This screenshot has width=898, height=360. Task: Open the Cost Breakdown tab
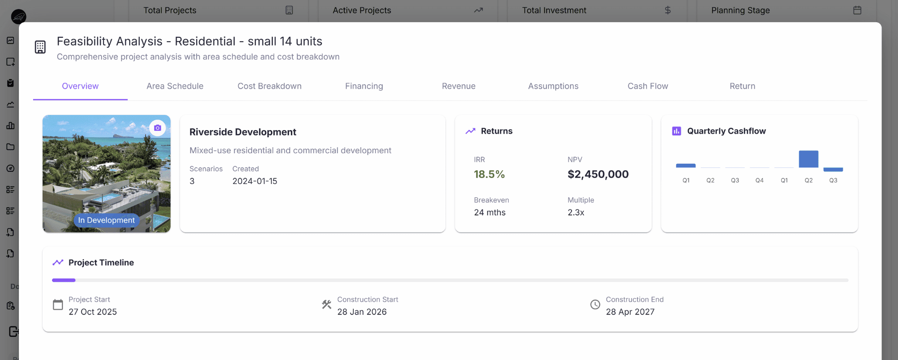click(270, 86)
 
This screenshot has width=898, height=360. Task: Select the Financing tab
click(364, 86)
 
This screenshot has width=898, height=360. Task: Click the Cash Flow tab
click(647, 86)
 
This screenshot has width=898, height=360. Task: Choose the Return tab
click(742, 86)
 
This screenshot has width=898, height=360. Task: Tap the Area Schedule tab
click(175, 86)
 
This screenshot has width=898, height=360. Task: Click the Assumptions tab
click(553, 86)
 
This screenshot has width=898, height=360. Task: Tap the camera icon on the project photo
click(157, 128)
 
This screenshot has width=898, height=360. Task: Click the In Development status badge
click(106, 220)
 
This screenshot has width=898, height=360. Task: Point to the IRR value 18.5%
click(489, 175)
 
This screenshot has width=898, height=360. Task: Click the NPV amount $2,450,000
click(598, 175)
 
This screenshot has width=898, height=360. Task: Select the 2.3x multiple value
click(575, 213)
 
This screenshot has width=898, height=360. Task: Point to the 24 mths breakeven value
click(489, 213)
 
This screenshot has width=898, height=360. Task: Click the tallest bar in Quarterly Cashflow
click(808, 159)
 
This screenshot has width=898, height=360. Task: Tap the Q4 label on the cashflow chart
click(759, 181)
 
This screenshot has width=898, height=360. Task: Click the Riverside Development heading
click(243, 132)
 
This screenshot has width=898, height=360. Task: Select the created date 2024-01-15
click(254, 182)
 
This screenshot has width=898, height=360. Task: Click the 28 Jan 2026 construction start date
click(362, 312)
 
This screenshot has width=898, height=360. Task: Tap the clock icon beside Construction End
click(595, 305)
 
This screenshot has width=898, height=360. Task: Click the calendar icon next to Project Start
click(58, 305)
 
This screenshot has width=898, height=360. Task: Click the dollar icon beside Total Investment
click(667, 10)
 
